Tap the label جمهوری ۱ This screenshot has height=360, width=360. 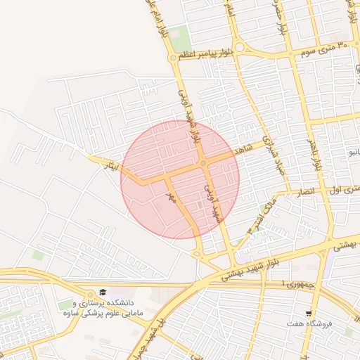click(295, 283)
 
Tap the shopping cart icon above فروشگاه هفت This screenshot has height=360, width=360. click(308, 312)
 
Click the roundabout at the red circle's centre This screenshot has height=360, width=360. click(202, 164)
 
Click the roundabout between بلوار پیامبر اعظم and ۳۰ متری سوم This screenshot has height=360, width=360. click(240, 48)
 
